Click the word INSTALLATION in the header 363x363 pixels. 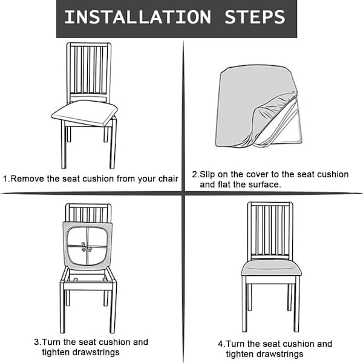138,17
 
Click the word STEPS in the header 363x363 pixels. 255,17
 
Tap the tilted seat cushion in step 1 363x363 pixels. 85,113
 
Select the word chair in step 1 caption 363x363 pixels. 168,178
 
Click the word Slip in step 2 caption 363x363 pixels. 207,174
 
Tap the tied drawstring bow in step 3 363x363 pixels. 87,247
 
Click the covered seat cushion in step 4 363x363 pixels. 271,268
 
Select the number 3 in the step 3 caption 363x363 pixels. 36,342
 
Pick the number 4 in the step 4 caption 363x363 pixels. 220,344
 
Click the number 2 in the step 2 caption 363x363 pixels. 194,174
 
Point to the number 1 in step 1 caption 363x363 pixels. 5,178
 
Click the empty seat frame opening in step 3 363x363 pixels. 88,277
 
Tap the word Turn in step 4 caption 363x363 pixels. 235,344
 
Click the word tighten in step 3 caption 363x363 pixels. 56,352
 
